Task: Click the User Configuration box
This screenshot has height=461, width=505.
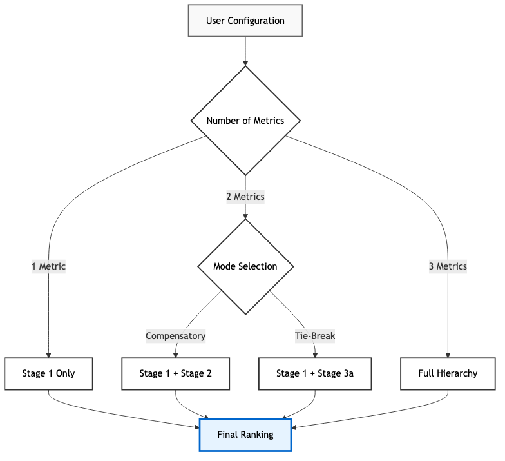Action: click(245, 21)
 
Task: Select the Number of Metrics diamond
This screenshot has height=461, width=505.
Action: click(245, 121)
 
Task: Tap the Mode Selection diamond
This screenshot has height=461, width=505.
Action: click(245, 266)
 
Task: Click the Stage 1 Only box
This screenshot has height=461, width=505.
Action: click(49, 373)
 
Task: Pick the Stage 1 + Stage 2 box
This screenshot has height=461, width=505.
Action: click(176, 373)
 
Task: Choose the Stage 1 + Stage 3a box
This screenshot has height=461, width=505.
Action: click(314, 373)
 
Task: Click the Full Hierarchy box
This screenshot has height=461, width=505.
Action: click(448, 373)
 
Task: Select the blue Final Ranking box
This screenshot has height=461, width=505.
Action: click(245, 435)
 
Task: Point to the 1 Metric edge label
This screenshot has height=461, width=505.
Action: click(49, 266)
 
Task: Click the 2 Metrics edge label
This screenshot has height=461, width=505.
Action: click(245, 197)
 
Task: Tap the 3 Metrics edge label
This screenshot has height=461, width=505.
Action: click(448, 266)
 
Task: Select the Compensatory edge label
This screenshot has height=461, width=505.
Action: click(176, 336)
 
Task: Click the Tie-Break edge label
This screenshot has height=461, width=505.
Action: click(314, 336)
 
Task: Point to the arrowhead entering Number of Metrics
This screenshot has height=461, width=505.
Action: click(245, 63)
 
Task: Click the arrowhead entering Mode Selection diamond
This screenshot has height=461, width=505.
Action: click(245, 216)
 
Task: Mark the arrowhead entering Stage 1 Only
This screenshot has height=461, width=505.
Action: click(49, 354)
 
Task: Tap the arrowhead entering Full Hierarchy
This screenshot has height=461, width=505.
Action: click(448, 354)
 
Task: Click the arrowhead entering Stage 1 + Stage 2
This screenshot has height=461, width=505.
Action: click(176, 354)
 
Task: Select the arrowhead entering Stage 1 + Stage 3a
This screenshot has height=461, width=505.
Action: click(314, 354)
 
